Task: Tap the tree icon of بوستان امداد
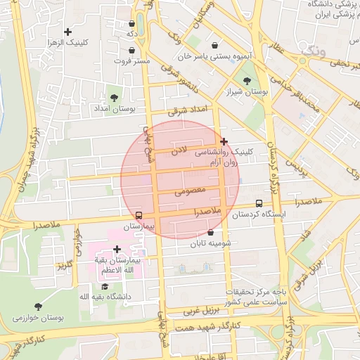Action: [115, 98]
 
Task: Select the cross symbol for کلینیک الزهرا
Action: [68, 32]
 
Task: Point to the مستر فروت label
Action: [134, 61]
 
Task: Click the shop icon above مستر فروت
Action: [134, 50]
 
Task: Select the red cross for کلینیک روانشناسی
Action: [224, 141]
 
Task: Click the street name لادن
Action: [180, 150]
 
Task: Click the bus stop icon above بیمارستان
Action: [139, 215]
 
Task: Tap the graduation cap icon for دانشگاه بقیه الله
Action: [105, 286]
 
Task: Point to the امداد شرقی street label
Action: [188, 110]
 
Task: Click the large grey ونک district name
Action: [310, 51]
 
